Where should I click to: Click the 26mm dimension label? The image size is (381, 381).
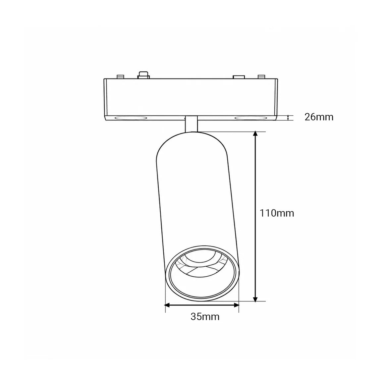[x=319, y=117]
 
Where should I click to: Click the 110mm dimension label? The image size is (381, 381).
[x=277, y=213]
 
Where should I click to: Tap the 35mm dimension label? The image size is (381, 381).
[x=205, y=317]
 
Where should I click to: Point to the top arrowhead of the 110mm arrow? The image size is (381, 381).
[x=255, y=134]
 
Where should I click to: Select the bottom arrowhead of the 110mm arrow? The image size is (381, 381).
[x=255, y=299]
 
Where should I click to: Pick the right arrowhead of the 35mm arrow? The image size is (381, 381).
[x=236, y=305]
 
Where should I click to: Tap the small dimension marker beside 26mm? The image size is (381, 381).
[x=288, y=118]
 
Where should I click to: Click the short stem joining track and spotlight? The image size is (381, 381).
[x=191, y=124]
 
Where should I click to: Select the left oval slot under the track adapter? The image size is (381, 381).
[x=131, y=118]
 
